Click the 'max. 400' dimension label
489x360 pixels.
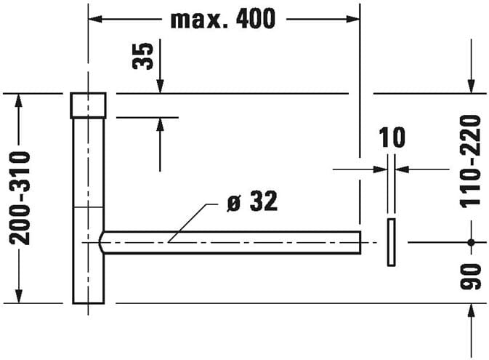223,19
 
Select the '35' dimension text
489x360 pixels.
143,56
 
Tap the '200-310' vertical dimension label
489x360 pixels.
20,198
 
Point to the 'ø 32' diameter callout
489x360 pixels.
252,201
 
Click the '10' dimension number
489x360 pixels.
392,137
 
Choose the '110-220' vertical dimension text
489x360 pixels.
470,161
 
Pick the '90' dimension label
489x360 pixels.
471,276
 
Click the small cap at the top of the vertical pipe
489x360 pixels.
88,105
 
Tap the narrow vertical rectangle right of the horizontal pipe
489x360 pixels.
392,242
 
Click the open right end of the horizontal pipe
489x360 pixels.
360,242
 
